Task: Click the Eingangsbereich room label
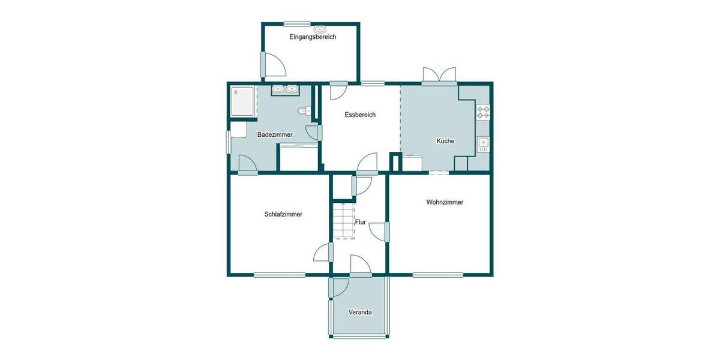point(313,37)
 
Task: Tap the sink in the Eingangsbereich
point(320,29)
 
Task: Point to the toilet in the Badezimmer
point(303,111)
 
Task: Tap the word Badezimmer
point(275,135)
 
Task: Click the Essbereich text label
point(360,115)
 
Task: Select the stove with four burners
point(483,112)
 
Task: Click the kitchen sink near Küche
point(483,143)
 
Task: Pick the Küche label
point(445,141)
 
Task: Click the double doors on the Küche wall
point(439,76)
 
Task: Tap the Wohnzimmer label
point(445,202)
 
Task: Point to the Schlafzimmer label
point(283,214)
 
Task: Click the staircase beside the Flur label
point(344,220)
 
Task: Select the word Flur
point(361,222)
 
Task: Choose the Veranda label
point(361,313)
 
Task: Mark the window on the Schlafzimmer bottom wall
point(279,275)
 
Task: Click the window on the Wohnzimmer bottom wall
point(437,275)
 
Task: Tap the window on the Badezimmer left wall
point(228,142)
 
